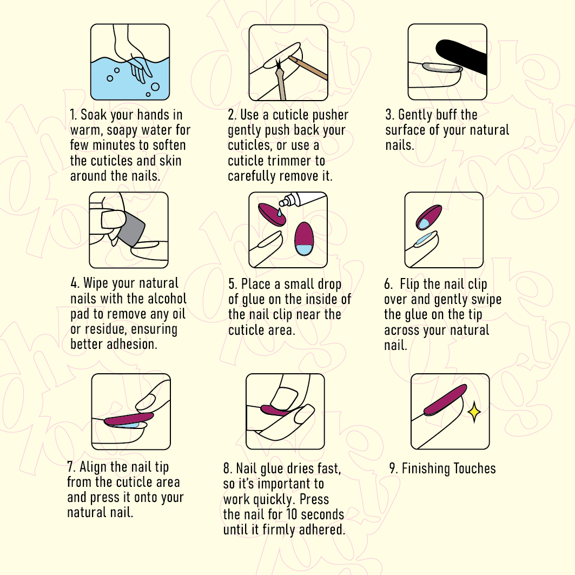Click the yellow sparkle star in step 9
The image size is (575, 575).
coord(474,412)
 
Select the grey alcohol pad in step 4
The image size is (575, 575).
coord(133,228)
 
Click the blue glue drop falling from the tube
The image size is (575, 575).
coord(280,212)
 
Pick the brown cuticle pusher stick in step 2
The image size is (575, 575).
coord(307,68)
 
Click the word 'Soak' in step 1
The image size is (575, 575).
coord(93,115)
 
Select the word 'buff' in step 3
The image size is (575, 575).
coord(446,115)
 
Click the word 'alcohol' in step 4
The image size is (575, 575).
coord(167,299)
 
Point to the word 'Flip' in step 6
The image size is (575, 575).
coord(409,284)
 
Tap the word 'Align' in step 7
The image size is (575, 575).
coord(93,467)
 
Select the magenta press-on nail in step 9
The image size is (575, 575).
coord(445,400)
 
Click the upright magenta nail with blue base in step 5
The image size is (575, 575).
coord(303,239)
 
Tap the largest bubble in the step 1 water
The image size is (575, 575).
coord(155,87)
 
